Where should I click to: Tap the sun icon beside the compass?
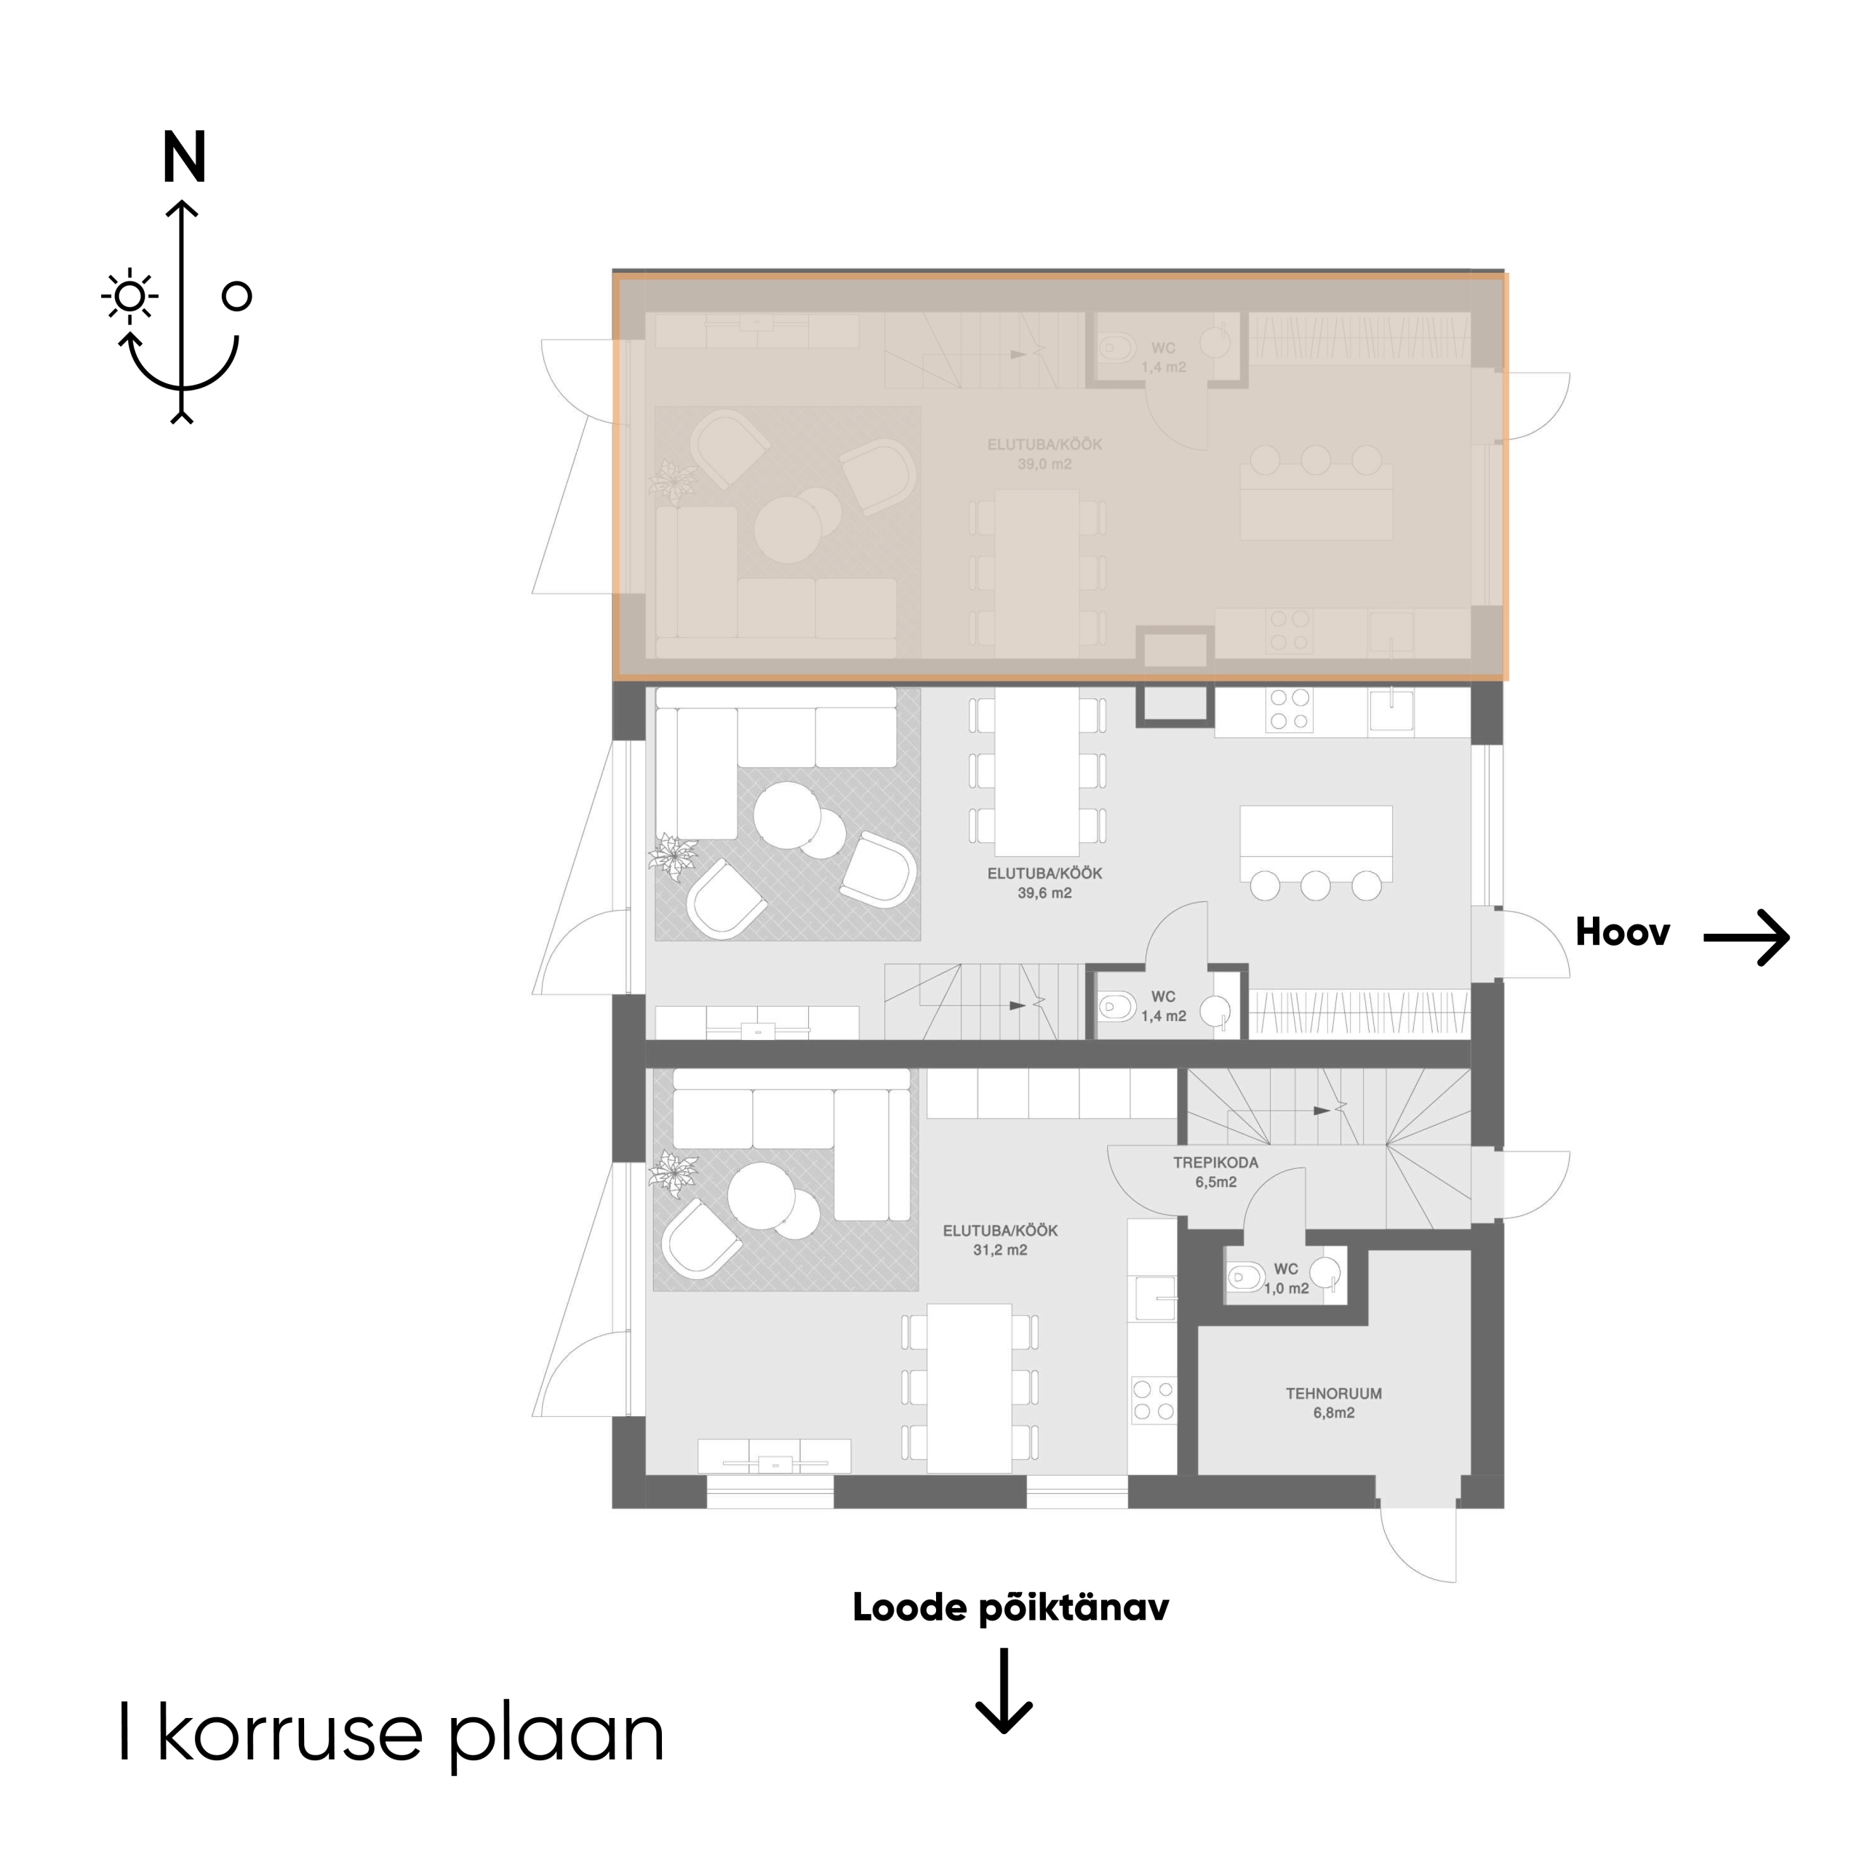(129, 297)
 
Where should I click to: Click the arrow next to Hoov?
(1746, 937)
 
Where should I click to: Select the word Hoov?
(1622, 932)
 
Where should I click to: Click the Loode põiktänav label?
(1010, 1607)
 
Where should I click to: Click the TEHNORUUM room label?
(1334, 1394)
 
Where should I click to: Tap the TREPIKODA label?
(1215, 1162)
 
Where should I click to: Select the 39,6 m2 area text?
(1044, 893)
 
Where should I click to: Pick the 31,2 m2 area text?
(1000, 1250)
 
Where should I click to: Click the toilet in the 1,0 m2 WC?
(1245, 1278)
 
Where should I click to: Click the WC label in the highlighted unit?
(1163, 348)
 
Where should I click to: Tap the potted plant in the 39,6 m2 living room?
(673, 856)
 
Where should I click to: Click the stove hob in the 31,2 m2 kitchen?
(1154, 1400)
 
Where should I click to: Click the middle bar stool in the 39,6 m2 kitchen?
(1316, 884)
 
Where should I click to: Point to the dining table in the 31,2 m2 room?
(970, 1388)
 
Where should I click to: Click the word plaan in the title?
(557, 1735)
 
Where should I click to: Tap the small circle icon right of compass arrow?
(236, 296)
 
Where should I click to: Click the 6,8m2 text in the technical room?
(1334, 1413)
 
